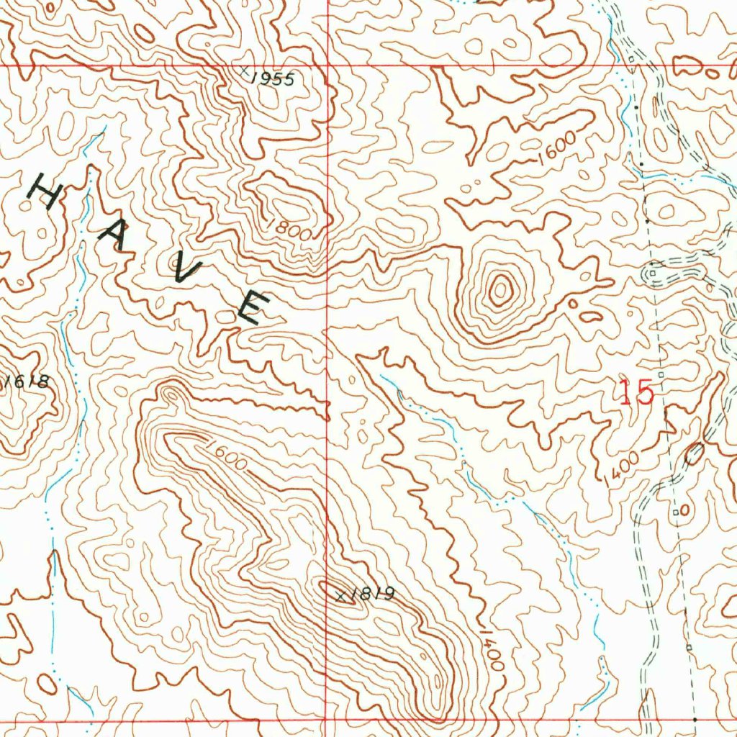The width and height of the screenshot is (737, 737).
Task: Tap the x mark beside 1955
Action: click(245, 71)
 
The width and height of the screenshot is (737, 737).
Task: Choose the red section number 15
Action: click(636, 393)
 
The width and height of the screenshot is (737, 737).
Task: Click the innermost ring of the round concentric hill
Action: click(499, 290)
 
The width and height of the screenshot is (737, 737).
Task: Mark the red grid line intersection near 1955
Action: click(327, 65)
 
